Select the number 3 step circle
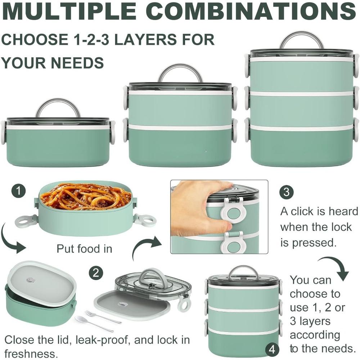287,192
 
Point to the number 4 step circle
273,349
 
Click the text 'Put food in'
84,249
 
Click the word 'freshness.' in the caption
31,353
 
